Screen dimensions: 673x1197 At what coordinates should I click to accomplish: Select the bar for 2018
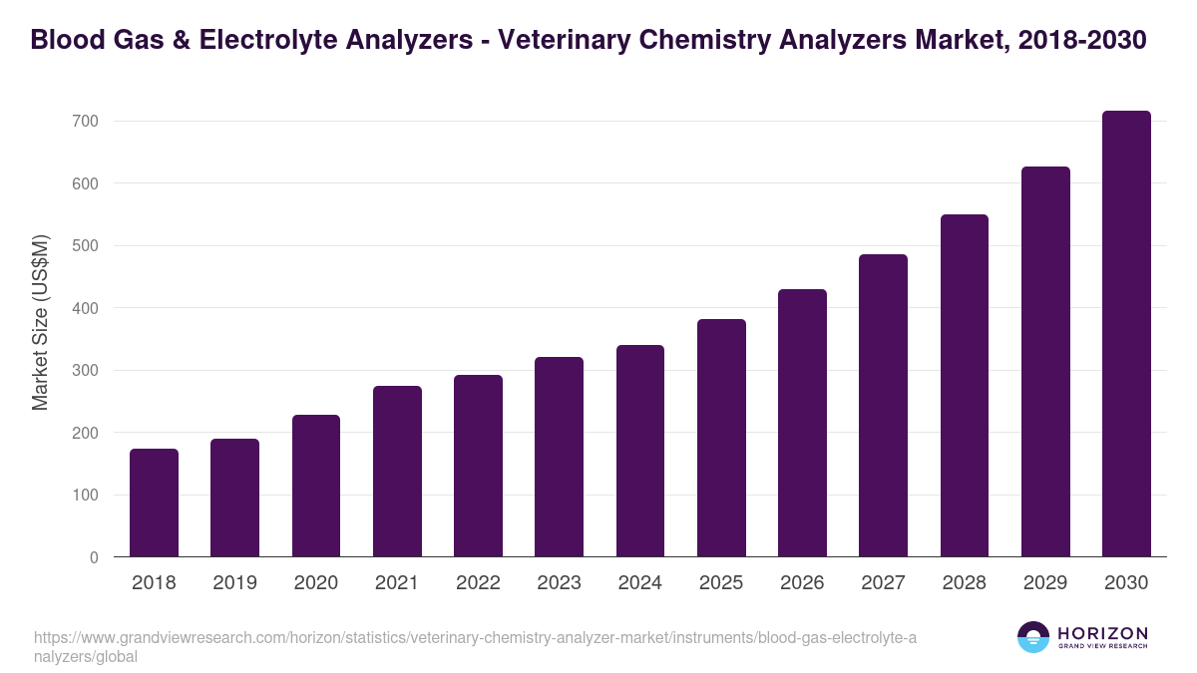click(x=154, y=504)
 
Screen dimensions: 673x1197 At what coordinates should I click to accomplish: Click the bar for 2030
click(x=1126, y=334)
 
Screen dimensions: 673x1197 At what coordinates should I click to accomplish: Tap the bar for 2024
click(x=640, y=451)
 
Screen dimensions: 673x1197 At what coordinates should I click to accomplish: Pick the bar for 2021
click(x=397, y=472)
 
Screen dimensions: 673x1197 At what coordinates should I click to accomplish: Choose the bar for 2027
click(x=883, y=406)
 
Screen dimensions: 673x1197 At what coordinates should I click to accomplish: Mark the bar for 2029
click(x=1045, y=362)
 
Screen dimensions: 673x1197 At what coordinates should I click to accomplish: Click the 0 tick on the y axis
click(x=94, y=557)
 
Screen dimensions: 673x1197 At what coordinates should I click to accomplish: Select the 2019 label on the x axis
click(x=234, y=583)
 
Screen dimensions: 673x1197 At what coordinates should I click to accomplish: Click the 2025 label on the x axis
click(x=721, y=583)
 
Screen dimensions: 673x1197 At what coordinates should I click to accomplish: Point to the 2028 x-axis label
click(x=965, y=583)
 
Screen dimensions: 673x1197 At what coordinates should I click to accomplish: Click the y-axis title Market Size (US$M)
click(x=41, y=322)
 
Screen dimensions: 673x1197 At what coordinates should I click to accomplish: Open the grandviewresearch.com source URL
click(x=475, y=647)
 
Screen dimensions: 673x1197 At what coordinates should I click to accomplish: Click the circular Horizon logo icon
click(x=1033, y=637)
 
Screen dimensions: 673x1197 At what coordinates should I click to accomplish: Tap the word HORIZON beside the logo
click(x=1102, y=633)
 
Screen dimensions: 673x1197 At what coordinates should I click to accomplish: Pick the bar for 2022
click(x=478, y=466)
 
